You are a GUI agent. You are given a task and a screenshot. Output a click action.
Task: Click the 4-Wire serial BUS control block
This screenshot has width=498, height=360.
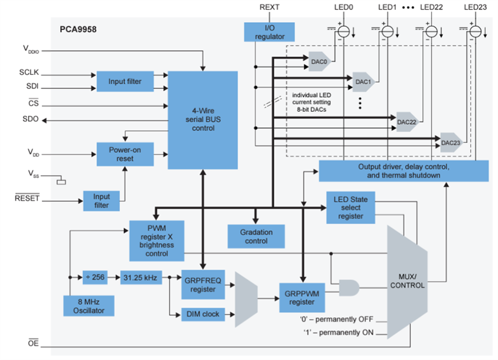click(x=202, y=120)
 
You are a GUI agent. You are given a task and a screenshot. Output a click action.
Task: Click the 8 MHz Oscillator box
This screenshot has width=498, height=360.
click(x=88, y=306)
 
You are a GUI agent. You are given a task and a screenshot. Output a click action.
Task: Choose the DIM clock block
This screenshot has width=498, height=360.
click(x=202, y=314)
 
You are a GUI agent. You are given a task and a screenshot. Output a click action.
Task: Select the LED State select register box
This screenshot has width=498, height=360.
click(x=351, y=207)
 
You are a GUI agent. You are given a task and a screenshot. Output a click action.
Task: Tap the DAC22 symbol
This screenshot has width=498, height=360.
click(x=407, y=122)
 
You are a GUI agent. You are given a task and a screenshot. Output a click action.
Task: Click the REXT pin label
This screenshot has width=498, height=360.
click(x=270, y=7)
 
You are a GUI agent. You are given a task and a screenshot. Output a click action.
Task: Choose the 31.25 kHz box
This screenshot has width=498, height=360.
click(x=141, y=277)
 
